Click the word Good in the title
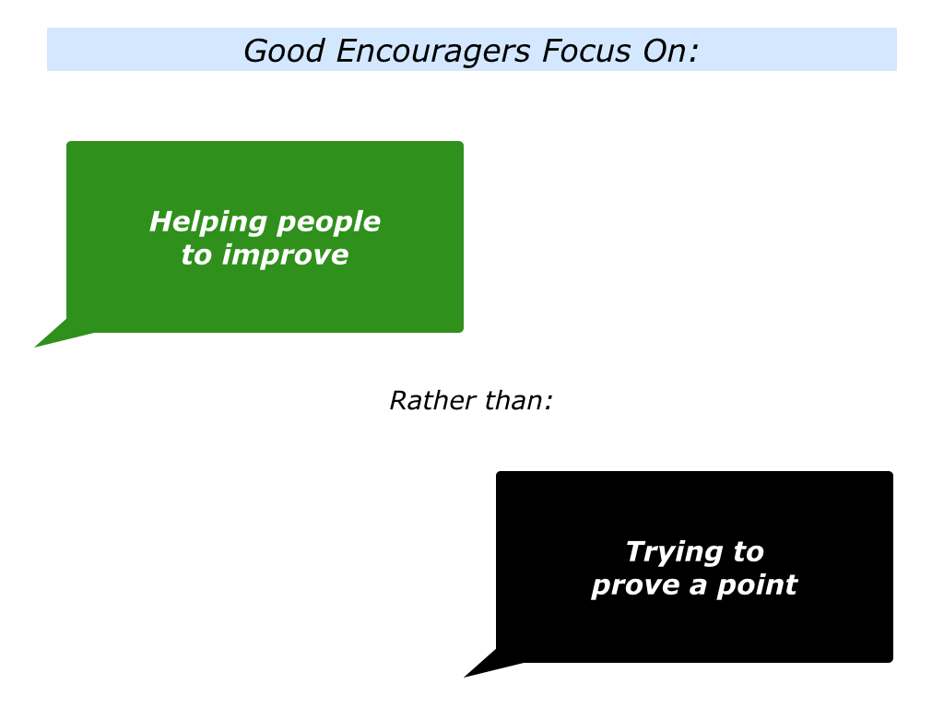[x=284, y=51]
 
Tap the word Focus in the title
[x=586, y=51]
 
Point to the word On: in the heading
[x=670, y=51]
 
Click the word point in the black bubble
[x=758, y=585]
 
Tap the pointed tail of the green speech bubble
[x=36, y=347]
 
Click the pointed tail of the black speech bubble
[x=465, y=677]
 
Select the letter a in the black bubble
[x=699, y=586]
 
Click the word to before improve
[x=197, y=255]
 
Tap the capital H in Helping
[x=160, y=221]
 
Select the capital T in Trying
[x=636, y=551]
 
